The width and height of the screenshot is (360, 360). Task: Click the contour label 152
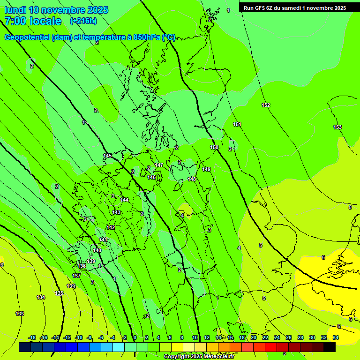tap(266, 105)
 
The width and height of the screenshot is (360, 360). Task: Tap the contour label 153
tap(337, 127)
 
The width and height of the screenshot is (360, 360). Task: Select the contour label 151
tap(237, 124)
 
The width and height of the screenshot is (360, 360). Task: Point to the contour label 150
tap(214, 147)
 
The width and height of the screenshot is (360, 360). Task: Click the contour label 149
tap(206, 169)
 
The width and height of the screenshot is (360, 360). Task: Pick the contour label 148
tap(192, 179)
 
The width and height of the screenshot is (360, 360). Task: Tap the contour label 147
tap(159, 165)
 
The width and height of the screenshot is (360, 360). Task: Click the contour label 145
tap(107, 156)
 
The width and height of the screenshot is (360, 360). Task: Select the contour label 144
tap(124, 200)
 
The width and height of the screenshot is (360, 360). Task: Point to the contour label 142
tap(111, 227)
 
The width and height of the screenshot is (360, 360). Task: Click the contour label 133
tap(20, 314)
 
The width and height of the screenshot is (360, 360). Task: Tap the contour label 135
tap(59, 293)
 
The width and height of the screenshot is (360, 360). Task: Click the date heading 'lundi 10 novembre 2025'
tap(56, 10)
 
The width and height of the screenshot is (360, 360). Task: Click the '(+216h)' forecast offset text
tap(83, 21)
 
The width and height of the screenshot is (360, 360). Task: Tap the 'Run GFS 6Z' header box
tap(295, 7)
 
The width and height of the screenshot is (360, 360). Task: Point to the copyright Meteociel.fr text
tap(199, 357)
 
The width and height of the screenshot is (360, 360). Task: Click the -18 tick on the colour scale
tap(32, 337)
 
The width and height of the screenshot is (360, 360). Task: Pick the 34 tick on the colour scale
tap(336, 337)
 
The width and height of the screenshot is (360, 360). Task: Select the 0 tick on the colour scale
tap(135, 337)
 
